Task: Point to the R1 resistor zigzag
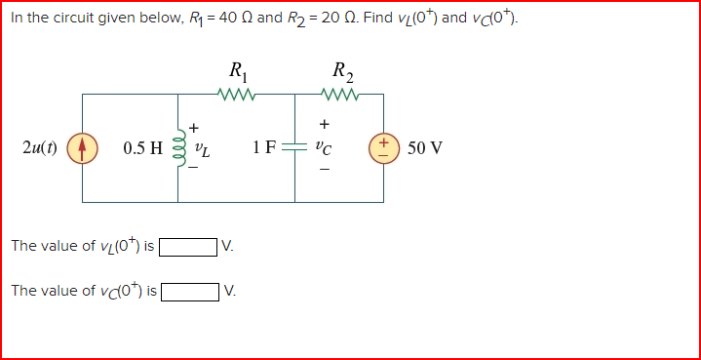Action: point(237,95)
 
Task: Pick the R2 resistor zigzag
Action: point(341,95)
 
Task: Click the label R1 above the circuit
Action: point(237,71)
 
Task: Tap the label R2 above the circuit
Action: point(342,71)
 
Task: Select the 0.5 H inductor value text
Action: point(143,149)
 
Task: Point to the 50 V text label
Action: point(425,149)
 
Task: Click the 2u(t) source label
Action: point(39,149)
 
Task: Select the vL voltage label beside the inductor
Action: point(202,149)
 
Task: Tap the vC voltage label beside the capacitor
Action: point(324,149)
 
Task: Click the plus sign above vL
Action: point(194,127)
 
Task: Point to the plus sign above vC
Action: point(324,124)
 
